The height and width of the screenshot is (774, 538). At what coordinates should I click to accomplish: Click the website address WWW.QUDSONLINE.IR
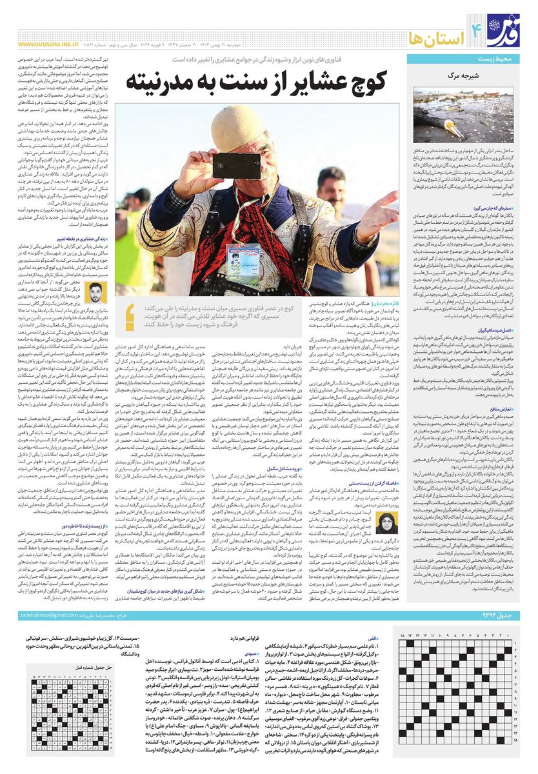[49, 45]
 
